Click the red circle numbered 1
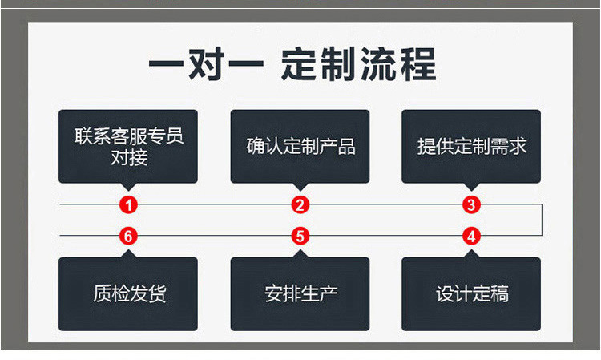(128, 204)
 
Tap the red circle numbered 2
(300, 204)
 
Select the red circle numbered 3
(471, 204)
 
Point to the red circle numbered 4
(471, 236)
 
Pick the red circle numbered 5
(300, 236)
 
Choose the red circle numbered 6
(128, 236)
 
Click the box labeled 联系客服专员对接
(128, 146)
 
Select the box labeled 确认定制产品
(300, 146)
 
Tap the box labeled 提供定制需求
(471, 146)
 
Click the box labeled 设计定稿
(471, 293)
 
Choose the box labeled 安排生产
(300, 293)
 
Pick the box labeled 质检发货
(128, 293)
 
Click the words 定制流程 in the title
(358, 64)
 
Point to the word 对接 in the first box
(128, 157)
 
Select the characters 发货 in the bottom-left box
(147, 293)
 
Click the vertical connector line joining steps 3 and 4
(543, 220)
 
